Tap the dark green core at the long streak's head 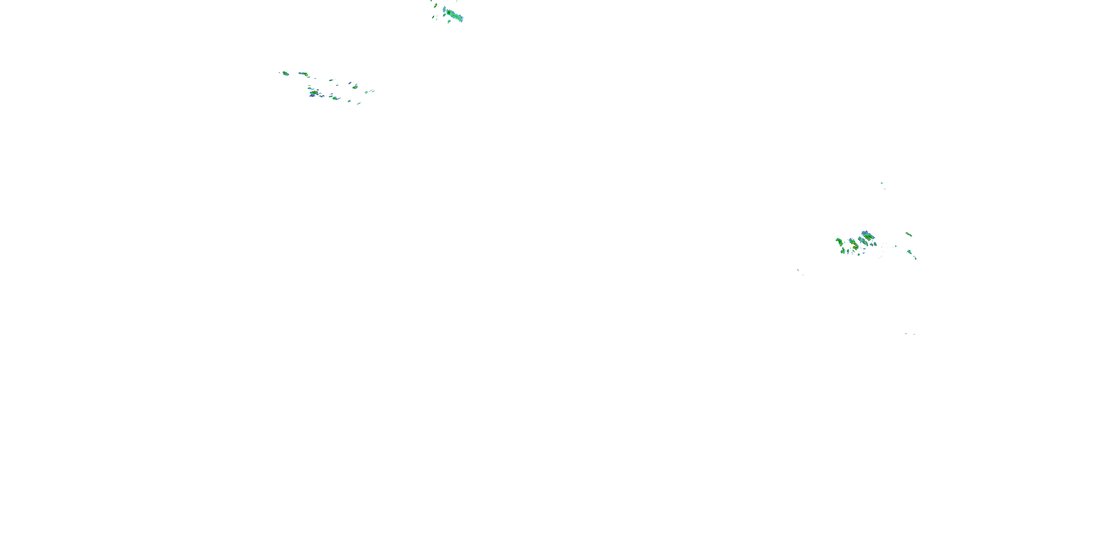point(449,13)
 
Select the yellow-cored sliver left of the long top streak point(435,6)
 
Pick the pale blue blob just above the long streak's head point(445,8)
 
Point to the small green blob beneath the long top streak point(449,21)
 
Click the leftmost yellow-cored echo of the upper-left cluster point(285,73)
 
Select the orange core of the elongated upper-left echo point(305,74)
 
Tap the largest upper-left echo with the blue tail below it point(314,92)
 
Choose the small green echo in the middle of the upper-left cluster point(331,80)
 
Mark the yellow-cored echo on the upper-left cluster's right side point(355,87)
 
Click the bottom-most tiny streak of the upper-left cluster point(358,104)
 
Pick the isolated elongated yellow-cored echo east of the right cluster point(908,234)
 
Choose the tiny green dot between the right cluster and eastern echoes point(895,246)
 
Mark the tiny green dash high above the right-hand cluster point(882,183)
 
